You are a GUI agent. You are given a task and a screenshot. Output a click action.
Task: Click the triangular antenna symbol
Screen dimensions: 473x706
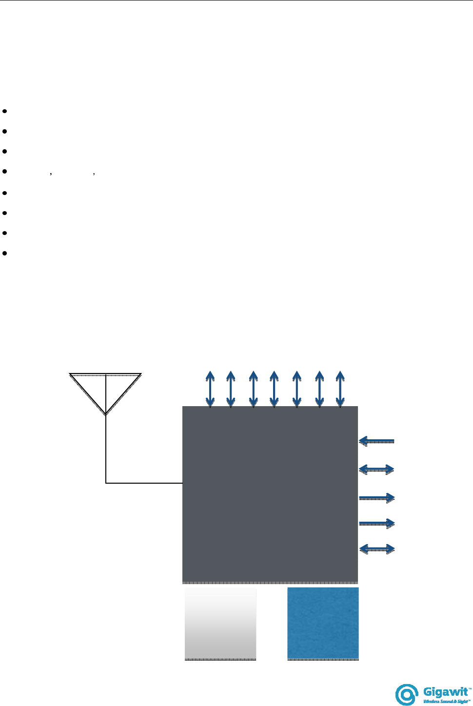coord(105,390)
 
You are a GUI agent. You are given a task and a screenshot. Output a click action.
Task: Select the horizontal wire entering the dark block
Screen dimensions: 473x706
coord(144,483)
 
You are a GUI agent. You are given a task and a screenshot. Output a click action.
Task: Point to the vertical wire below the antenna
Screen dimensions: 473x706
coord(106,449)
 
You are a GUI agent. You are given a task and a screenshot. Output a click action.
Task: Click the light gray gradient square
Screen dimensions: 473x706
coord(220,623)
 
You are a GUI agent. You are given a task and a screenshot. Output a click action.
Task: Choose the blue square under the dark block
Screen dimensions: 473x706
coord(323,623)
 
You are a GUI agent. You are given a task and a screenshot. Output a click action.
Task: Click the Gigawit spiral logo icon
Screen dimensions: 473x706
coord(407,694)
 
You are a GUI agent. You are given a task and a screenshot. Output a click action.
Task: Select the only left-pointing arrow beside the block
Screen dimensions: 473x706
coord(376,441)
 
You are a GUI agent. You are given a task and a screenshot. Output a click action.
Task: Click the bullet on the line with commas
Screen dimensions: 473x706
coord(4,172)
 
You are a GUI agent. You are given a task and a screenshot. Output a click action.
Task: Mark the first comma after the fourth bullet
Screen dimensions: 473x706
coord(51,174)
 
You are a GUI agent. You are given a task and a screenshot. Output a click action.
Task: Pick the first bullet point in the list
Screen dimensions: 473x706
coord(4,111)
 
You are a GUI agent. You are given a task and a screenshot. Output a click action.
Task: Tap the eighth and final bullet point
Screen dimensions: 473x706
coord(4,254)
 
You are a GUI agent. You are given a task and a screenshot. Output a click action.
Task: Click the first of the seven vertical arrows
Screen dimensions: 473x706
coord(210,389)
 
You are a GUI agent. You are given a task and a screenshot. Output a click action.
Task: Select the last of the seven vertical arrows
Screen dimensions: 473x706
coord(340,389)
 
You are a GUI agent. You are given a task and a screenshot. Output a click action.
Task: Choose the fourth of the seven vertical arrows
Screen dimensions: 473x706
coord(274,389)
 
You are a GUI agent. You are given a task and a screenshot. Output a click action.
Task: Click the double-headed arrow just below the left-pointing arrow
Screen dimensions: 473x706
coord(376,470)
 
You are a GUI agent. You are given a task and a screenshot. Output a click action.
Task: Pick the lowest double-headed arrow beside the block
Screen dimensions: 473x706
coord(376,549)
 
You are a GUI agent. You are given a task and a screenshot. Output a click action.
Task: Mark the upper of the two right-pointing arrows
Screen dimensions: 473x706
coord(376,498)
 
